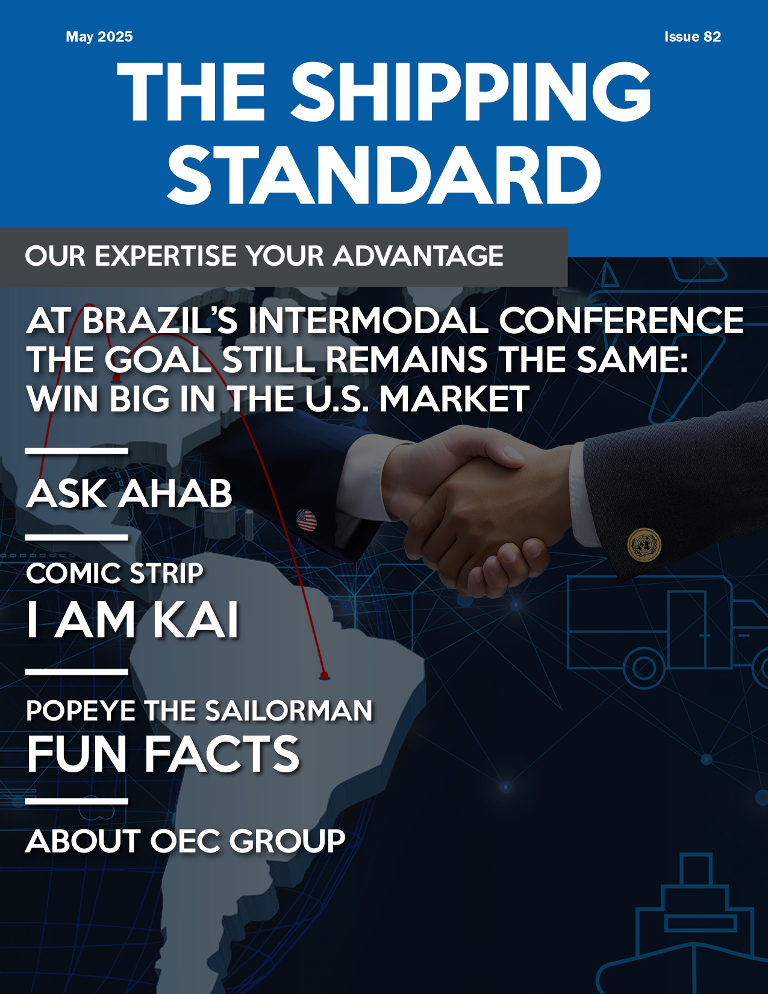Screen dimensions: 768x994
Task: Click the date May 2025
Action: pos(99,37)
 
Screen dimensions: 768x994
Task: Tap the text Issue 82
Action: pos(693,37)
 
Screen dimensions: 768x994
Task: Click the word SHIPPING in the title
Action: pos(470,92)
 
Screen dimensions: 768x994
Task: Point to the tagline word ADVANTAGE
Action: pos(418,255)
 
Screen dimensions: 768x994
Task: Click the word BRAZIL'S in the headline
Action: pos(160,320)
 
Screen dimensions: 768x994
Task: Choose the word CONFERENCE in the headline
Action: pos(621,320)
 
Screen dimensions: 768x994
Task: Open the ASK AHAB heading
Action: pos(130,493)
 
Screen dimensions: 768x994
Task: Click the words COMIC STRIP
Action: pos(115,573)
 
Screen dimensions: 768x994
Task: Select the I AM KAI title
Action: pos(133,620)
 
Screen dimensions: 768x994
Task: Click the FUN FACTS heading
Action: pos(163,754)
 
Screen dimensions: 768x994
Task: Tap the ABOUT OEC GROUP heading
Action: pos(186,841)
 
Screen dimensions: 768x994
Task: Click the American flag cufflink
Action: pos(306,520)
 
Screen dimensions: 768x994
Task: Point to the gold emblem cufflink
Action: pos(644,545)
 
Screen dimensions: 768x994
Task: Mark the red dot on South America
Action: pos(324,675)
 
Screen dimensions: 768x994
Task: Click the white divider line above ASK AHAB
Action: pos(76,451)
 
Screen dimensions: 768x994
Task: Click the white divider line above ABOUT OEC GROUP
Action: pos(76,801)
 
